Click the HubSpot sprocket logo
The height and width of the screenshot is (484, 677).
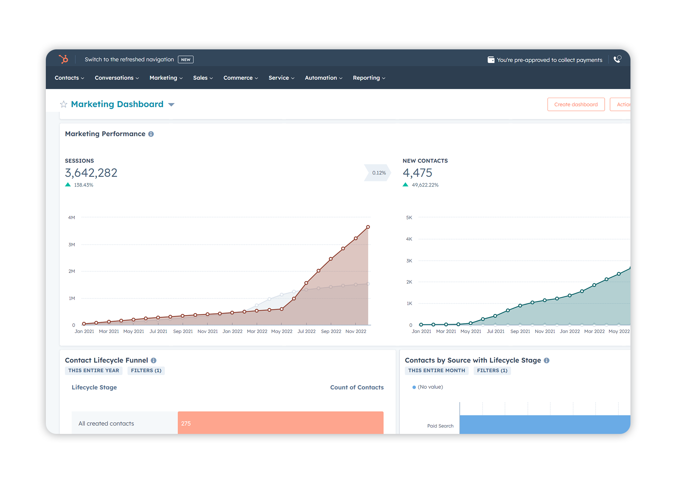(x=63, y=59)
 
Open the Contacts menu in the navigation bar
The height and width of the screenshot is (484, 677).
(x=69, y=78)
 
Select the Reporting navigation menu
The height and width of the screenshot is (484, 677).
(x=369, y=78)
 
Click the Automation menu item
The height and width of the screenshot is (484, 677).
(x=323, y=78)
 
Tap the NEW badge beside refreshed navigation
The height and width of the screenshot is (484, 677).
(x=185, y=60)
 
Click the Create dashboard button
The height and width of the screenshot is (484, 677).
(x=576, y=104)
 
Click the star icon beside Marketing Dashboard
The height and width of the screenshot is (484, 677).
(x=63, y=104)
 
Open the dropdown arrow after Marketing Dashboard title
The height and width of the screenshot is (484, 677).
(x=171, y=104)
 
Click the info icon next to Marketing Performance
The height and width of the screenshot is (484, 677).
(x=151, y=134)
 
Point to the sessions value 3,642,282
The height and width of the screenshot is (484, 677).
(x=91, y=173)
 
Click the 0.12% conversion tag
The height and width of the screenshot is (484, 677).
(x=379, y=173)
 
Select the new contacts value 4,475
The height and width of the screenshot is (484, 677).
(x=417, y=173)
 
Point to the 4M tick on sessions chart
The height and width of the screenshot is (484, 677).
(x=72, y=218)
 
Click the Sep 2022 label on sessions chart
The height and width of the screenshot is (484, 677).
(x=331, y=331)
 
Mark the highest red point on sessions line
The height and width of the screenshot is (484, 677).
(x=368, y=227)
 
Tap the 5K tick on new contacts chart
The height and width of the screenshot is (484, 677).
(x=409, y=218)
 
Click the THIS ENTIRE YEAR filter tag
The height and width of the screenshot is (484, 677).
(x=93, y=370)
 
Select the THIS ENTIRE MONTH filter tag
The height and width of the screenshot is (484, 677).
(x=437, y=370)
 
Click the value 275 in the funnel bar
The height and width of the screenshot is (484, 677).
(x=186, y=423)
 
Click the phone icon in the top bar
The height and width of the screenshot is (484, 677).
(x=617, y=59)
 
